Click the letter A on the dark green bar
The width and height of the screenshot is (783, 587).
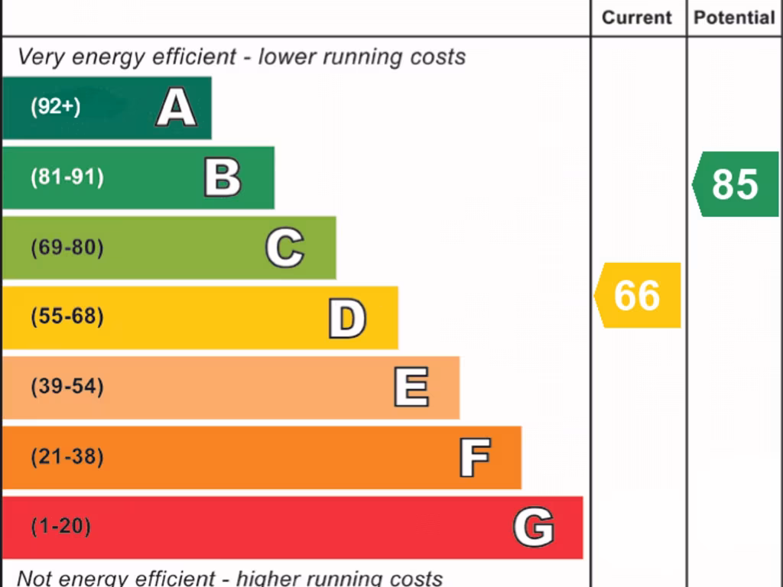click(176, 108)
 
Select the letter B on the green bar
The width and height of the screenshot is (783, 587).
click(223, 177)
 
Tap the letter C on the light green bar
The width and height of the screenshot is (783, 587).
click(284, 248)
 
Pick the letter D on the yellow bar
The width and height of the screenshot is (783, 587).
click(346, 318)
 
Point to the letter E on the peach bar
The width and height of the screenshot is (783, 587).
click(411, 388)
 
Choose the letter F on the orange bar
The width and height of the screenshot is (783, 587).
click(475, 457)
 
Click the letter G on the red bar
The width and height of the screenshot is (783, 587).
click(533, 527)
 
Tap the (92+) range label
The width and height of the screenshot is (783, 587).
click(55, 107)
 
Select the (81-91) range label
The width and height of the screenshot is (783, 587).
click(67, 177)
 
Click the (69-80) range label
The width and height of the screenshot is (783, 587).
click(67, 248)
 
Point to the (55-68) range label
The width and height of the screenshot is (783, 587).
click(67, 316)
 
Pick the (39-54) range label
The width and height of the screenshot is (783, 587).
click(67, 387)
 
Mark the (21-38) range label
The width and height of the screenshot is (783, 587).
click(67, 457)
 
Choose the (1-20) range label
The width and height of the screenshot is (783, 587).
click(60, 527)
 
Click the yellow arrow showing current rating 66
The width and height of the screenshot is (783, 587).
click(637, 295)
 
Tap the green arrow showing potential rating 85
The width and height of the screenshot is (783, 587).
click(735, 184)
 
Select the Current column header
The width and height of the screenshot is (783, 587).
click(637, 18)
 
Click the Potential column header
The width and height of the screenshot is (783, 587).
click(734, 18)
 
